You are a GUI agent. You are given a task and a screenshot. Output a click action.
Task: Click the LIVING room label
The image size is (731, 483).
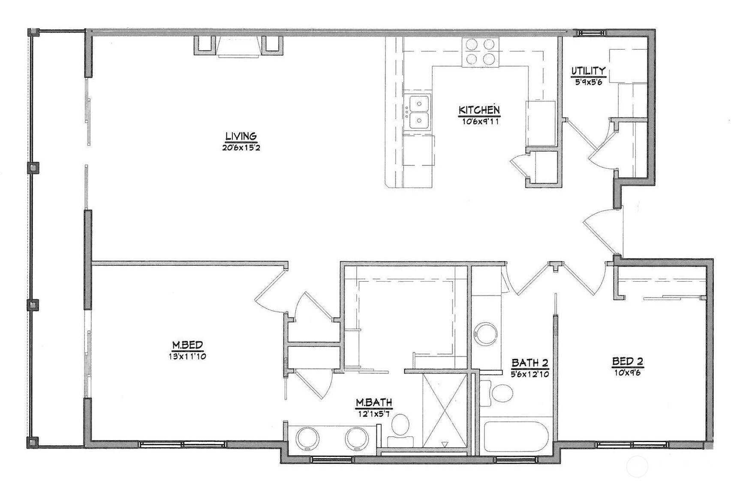(241, 137)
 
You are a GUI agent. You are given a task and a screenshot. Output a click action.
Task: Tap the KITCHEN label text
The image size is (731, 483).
(479, 110)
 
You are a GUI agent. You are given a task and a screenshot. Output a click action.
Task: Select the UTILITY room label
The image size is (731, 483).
(588, 71)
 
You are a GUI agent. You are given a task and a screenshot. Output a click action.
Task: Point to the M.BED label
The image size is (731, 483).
(187, 345)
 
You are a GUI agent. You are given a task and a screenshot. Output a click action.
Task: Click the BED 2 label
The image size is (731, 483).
(627, 361)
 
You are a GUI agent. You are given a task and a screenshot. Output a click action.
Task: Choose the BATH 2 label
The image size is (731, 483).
(529, 363)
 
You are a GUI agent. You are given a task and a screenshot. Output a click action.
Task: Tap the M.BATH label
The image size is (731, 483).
(374, 403)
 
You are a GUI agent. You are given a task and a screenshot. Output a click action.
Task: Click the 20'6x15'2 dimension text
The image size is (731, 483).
(241, 148)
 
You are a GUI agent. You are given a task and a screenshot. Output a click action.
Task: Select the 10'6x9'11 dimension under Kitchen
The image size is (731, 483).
(480, 122)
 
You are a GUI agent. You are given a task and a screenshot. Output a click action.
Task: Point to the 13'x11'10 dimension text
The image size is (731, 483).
(187, 356)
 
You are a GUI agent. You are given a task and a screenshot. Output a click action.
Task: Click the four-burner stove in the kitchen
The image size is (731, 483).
(480, 52)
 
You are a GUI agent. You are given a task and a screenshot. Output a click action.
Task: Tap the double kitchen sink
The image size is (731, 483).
(418, 112)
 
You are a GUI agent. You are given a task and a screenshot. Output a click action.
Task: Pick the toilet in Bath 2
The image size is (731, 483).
(499, 392)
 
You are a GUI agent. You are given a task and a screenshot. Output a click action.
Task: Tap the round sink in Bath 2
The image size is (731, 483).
(486, 334)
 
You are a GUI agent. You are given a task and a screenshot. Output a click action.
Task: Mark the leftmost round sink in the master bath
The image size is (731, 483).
(308, 438)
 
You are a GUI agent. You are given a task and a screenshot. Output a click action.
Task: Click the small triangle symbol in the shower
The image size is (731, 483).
(445, 444)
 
